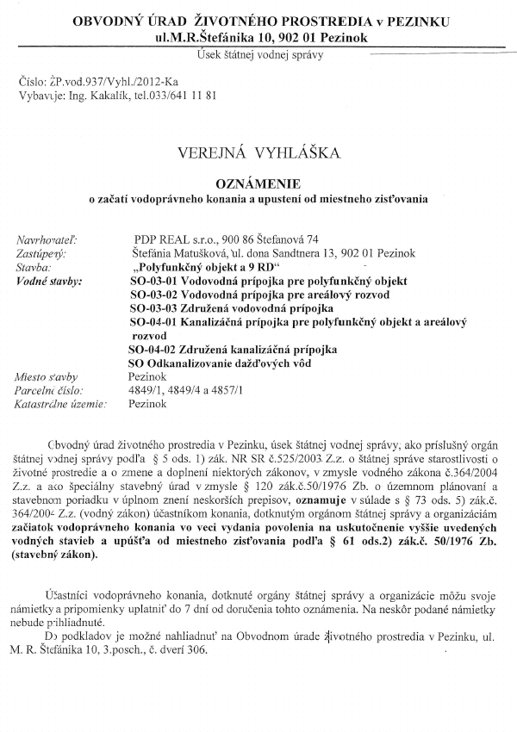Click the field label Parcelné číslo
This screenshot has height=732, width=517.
click(x=49, y=390)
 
